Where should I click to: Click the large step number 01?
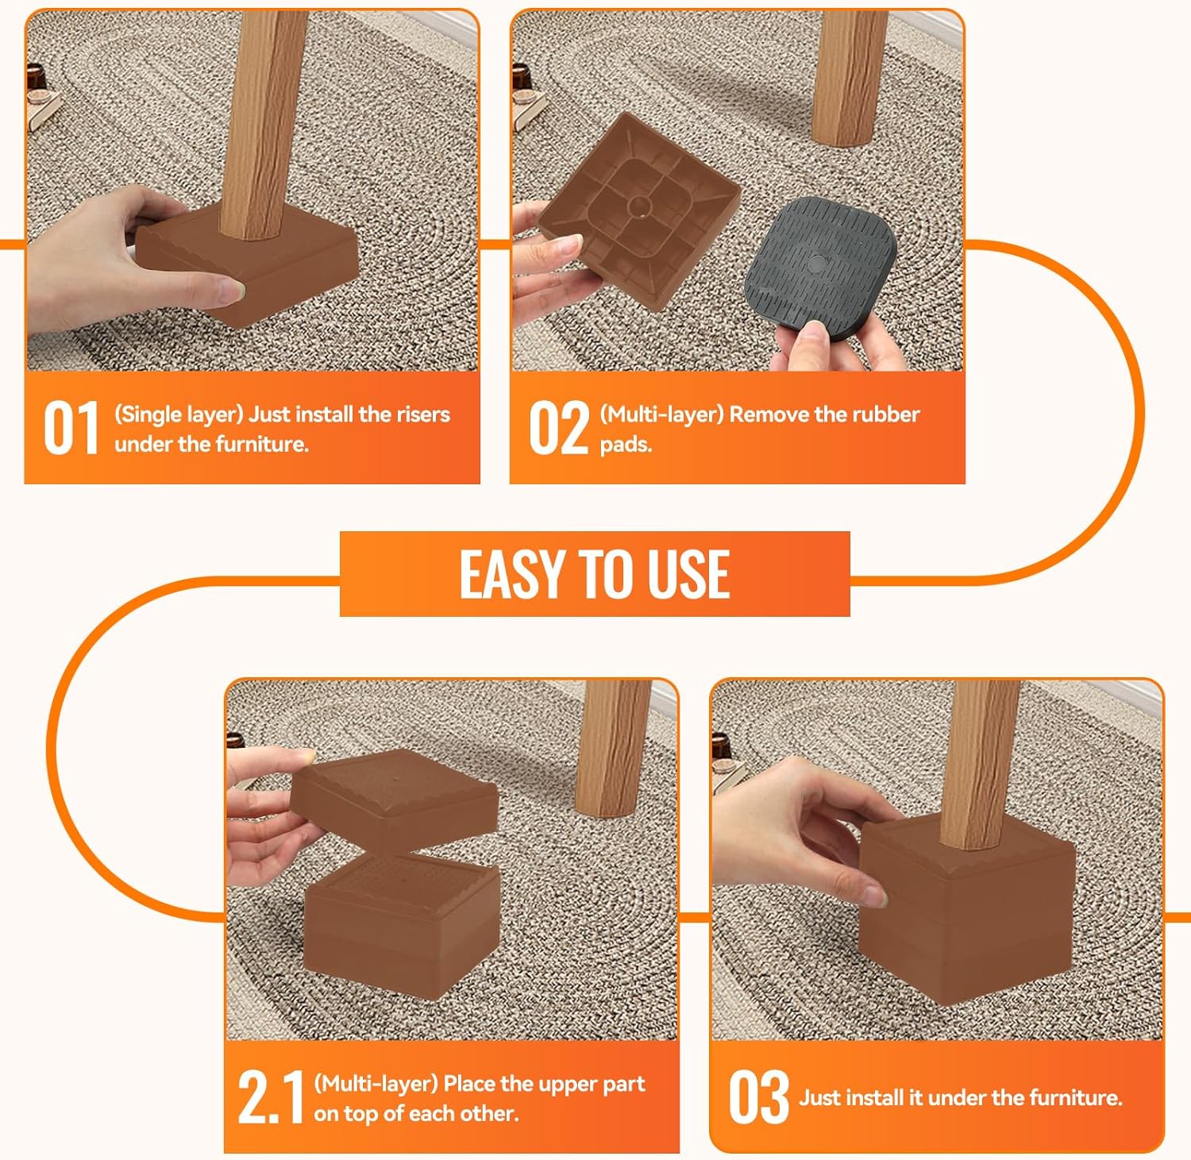pyautogui.click(x=71, y=428)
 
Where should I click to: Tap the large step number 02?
pyautogui.click(x=559, y=428)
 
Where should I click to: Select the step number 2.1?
pyautogui.click(x=271, y=1097)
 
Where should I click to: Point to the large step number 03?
pyautogui.click(x=759, y=1097)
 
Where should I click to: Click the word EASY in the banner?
pyautogui.click(x=515, y=573)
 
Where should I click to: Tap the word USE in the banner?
pyautogui.click(x=688, y=573)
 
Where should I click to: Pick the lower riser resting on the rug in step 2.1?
pyautogui.click(x=403, y=925)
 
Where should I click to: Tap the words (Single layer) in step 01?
pyautogui.click(x=179, y=414)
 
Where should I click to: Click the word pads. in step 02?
pyautogui.click(x=626, y=444)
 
